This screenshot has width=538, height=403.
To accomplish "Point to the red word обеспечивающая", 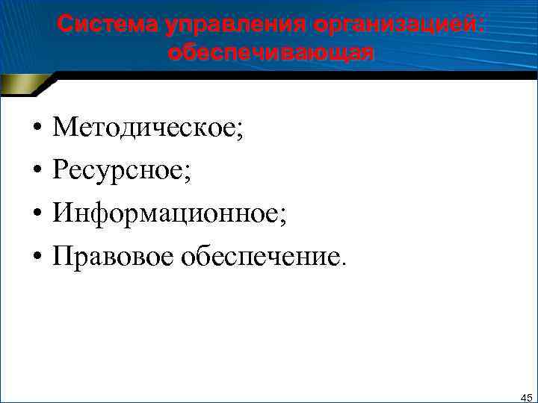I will (x=270, y=53).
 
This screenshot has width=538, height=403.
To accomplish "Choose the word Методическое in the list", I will (x=143, y=128).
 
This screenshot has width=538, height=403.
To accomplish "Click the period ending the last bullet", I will (x=344, y=263).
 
